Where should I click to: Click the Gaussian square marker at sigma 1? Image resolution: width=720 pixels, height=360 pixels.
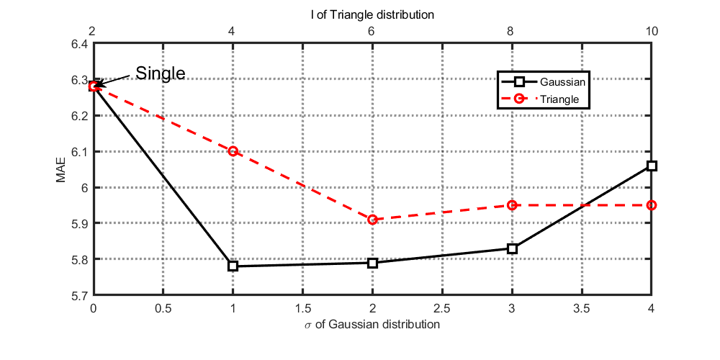click(x=233, y=266)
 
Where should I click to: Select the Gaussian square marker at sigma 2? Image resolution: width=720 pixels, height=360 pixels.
click(x=372, y=263)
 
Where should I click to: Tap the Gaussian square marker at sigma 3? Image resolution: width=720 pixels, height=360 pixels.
click(x=512, y=248)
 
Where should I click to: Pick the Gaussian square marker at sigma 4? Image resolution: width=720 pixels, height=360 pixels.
click(x=652, y=166)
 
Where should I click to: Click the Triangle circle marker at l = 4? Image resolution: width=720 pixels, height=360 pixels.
click(x=233, y=151)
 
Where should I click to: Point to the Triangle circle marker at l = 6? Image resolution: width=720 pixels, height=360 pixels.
click(x=372, y=220)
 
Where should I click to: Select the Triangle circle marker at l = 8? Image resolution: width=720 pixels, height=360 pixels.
click(x=512, y=205)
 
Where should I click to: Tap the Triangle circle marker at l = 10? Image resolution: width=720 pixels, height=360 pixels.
click(x=652, y=205)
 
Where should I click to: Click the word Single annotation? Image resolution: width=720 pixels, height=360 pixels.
click(x=161, y=73)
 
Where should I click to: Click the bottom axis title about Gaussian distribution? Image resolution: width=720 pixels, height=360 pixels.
click(x=372, y=324)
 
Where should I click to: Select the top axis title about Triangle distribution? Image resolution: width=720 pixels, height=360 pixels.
click(x=372, y=14)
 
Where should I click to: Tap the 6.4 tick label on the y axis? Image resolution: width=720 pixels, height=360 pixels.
click(x=78, y=44)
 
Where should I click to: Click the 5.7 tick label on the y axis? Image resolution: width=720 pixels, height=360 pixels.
click(x=78, y=295)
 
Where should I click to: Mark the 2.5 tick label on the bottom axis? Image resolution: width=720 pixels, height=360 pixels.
click(x=442, y=308)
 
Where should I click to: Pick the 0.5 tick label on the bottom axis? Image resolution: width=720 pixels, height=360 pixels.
click(x=163, y=308)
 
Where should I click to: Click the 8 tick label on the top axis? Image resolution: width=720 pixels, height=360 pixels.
click(x=512, y=32)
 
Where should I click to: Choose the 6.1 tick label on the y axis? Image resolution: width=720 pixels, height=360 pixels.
click(x=78, y=152)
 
